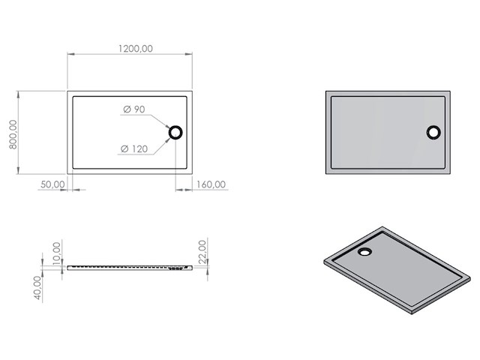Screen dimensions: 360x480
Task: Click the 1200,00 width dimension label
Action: point(136,48)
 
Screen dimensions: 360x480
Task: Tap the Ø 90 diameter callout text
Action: point(133,110)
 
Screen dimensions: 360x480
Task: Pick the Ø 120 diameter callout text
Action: point(133,148)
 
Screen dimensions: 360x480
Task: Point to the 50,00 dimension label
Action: point(52,184)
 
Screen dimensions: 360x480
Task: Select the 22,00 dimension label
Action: point(202,250)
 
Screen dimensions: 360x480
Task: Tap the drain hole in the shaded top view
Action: point(434,133)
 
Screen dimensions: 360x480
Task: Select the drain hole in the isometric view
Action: point(364,251)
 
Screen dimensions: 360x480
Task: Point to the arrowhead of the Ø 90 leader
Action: point(169,128)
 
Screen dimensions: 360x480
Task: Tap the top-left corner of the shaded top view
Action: point(326,92)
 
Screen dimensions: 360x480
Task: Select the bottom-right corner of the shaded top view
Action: point(450,173)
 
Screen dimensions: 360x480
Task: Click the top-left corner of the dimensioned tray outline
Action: point(68,92)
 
